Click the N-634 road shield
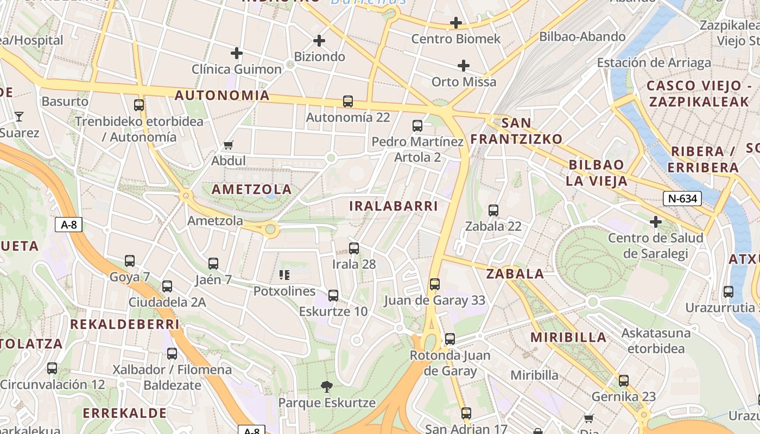click(x=682, y=199)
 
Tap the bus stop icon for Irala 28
click(x=354, y=248)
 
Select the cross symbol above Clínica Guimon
click(x=236, y=53)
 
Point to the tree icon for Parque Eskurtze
click(x=326, y=387)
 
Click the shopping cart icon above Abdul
click(x=229, y=145)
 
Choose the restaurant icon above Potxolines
click(x=284, y=275)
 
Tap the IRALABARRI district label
click(x=393, y=206)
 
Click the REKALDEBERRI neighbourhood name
click(x=124, y=324)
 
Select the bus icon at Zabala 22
click(x=493, y=210)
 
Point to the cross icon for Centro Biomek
click(x=455, y=23)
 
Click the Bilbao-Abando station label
click(x=582, y=37)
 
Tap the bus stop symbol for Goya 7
click(x=130, y=261)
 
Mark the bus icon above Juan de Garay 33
click(x=434, y=284)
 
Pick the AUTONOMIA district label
click(x=222, y=95)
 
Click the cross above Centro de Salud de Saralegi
click(x=656, y=221)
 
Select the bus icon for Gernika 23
click(x=623, y=381)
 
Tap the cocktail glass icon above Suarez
click(x=19, y=116)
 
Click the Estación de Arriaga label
click(x=654, y=63)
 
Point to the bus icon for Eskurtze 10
click(x=333, y=295)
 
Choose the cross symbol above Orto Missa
click(x=463, y=66)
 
